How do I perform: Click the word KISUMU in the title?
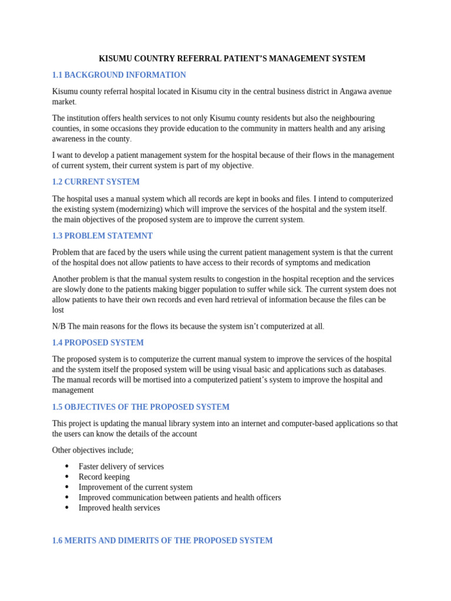pyautogui.click(x=115, y=59)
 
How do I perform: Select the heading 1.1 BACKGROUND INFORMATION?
pyautogui.click(x=119, y=75)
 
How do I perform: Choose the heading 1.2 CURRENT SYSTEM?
pyautogui.click(x=96, y=182)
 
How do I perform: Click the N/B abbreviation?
pyautogui.click(x=59, y=326)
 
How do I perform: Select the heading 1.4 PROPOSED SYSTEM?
pyautogui.click(x=97, y=343)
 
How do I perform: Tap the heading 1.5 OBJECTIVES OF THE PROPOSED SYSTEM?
pyautogui.click(x=140, y=407)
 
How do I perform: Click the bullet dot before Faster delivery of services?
pyautogui.click(x=66, y=467)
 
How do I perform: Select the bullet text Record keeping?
pyautogui.click(x=104, y=477)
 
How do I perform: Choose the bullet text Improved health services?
pyautogui.click(x=119, y=508)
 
